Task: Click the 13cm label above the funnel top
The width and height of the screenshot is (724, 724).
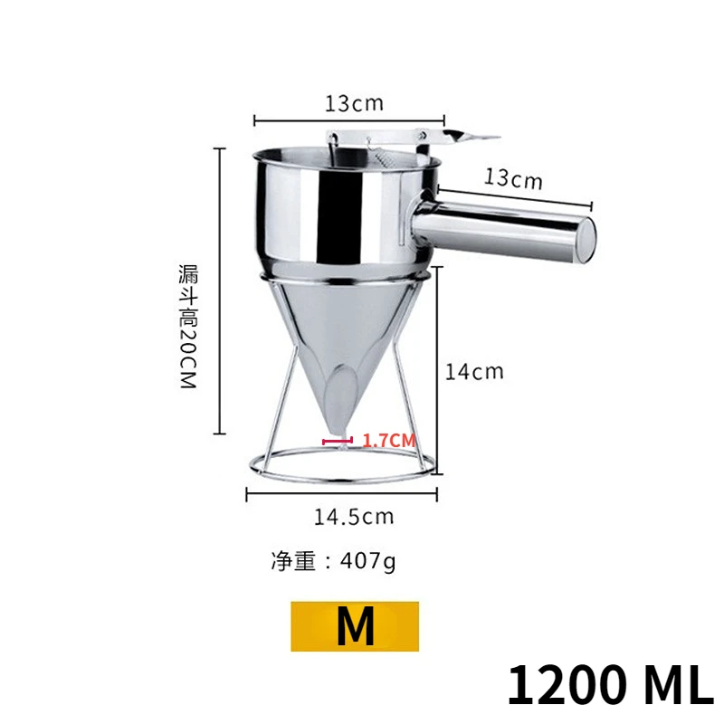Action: pyautogui.click(x=354, y=102)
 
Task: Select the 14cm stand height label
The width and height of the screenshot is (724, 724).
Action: pyautogui.click(x=474, y=371)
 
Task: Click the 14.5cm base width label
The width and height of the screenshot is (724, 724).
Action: pyautogui.click(x=354, y=517)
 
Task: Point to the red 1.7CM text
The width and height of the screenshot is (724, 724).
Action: pyautogui.click(x=387, y=441)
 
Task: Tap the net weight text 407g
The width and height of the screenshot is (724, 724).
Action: pyautogui.click(x=332, y=561)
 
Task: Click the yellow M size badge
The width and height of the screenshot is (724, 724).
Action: pyautogui.click(x=355, y=626)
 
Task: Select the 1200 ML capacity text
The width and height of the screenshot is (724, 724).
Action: pyautogui.click(x=609, y=685)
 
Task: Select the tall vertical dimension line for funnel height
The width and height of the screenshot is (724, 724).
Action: pyautogui.click(x=219, y=291)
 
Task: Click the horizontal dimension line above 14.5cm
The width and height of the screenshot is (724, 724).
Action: pyautogui.click(x=342, y=492)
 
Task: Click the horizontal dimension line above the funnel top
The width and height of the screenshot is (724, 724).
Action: pyautogui.click(x=349, y=119)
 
